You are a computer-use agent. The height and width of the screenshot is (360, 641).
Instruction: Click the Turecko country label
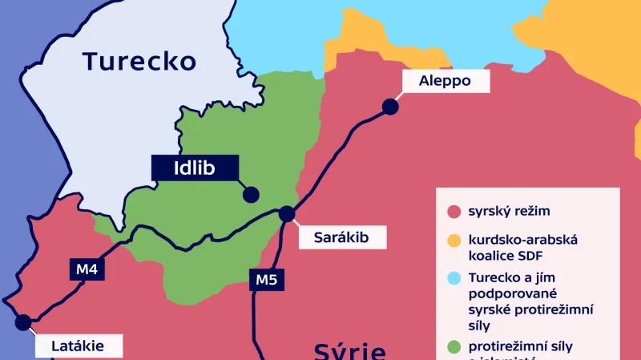point(139,61)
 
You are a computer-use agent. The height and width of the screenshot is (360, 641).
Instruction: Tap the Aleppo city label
point(445,80)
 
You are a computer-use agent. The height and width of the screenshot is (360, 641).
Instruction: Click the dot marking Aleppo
point(390,106)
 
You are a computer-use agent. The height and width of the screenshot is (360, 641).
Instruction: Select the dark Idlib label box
point(195,167)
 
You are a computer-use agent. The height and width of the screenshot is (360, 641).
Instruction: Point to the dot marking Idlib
point(251,193)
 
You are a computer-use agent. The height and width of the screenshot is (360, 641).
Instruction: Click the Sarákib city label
point(342,237)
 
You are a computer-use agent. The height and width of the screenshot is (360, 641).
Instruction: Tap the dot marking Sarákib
point(286,213)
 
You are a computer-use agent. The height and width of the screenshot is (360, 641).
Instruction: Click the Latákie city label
point(79,347)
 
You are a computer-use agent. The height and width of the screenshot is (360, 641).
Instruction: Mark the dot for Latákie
point(23,322)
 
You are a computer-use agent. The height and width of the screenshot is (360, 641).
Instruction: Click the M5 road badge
point(266,280)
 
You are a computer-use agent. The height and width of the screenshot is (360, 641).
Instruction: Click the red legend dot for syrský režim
point(453,212)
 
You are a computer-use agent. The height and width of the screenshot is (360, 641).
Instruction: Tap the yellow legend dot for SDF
point(453,241)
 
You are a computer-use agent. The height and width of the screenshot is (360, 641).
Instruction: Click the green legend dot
point(453,346)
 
